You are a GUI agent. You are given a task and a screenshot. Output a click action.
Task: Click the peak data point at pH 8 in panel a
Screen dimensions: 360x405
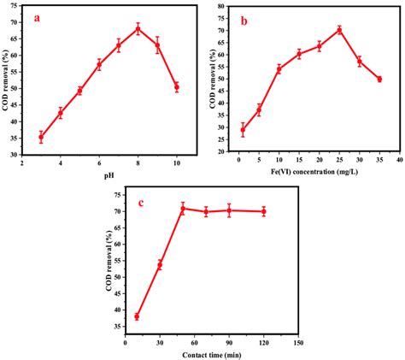138,29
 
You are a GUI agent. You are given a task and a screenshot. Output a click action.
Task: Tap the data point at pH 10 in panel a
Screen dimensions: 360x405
177,87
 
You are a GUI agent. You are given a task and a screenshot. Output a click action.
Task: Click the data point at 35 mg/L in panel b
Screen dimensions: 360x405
379,79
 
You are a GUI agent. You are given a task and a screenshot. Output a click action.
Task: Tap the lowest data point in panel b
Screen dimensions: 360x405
243,130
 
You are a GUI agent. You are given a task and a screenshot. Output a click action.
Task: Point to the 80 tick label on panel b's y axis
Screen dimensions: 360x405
220,6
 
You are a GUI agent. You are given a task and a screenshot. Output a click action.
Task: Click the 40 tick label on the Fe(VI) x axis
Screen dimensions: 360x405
399,160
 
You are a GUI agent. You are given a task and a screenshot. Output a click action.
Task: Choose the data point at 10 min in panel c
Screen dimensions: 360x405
137,316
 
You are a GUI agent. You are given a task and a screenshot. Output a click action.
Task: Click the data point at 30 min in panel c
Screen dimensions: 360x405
160,265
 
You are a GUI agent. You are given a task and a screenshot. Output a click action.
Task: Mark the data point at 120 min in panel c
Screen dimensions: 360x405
263,211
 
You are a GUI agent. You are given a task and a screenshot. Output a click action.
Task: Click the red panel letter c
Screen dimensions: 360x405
137,203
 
